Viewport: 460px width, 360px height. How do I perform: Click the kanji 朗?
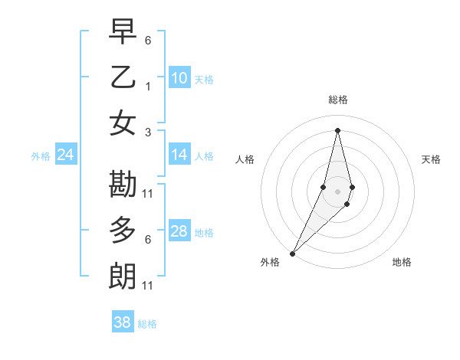[x=123, y=275]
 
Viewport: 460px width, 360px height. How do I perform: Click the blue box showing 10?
[x=179, y=78]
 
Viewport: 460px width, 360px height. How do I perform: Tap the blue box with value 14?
[x=179, y=155]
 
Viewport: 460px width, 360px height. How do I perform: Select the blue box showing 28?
[x=179, y=231]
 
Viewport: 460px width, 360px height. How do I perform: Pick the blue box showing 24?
[x=65, y=155]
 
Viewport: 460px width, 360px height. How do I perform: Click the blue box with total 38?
[x=123, y=322]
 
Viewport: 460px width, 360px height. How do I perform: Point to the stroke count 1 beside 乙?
[x=148, y=87]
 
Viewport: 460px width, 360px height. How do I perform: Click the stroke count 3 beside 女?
[x=148, y=133]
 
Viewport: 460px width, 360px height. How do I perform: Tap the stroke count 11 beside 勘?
[x=148, y=193]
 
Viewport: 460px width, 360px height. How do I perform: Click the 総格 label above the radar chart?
[x=338, y=100]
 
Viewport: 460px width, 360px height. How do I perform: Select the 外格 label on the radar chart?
[x=270, y=262]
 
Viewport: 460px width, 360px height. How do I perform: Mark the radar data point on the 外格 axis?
[x=293, y=254]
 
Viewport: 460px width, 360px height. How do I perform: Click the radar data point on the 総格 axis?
[x=338, y=130]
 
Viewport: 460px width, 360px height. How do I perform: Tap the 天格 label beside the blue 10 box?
[x=204, y=80]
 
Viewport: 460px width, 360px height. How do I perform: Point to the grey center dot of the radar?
[x=338, y=191]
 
